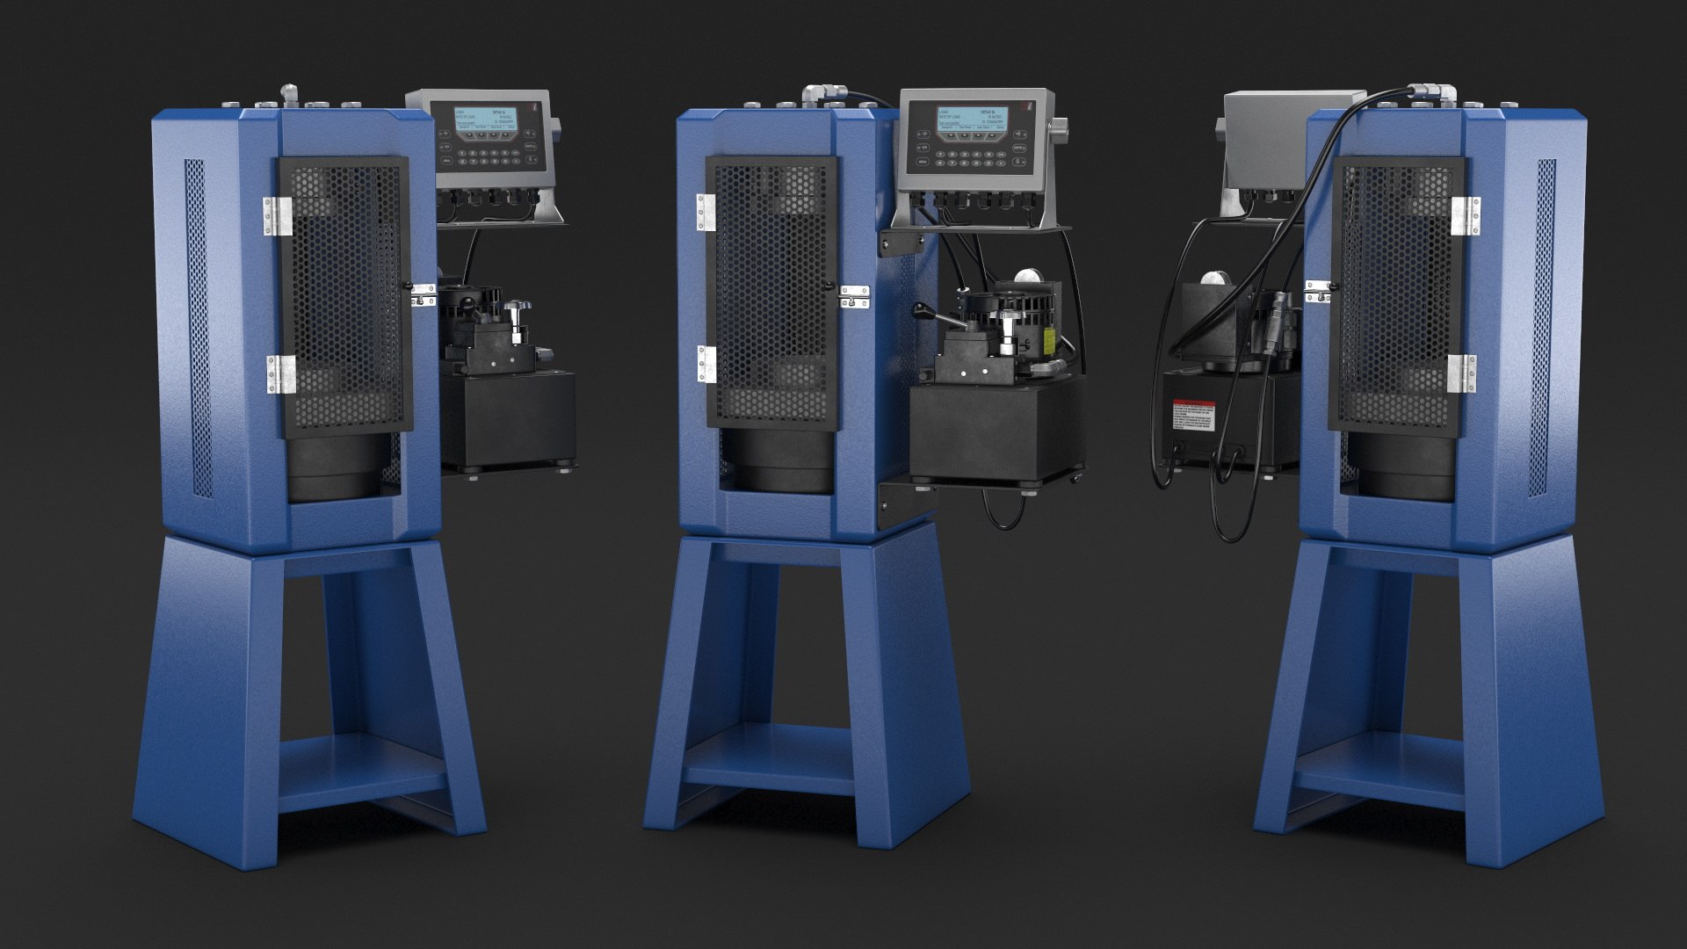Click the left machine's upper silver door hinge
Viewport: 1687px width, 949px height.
click(279, 216)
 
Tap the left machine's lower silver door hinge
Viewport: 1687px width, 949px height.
click(282, 374)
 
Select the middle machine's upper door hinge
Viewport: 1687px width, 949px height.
click(703, 213)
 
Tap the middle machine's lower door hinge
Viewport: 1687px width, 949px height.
click(704, 364)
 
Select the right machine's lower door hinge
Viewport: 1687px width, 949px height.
click(1460, 374)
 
